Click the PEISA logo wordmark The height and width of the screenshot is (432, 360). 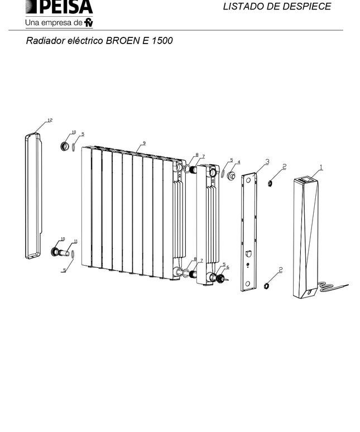tap(59, 7)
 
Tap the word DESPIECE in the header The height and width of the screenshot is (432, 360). tap(305, 6)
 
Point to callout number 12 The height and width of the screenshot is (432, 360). tap(50, 120)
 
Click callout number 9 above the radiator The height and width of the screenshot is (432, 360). tap(144, 143)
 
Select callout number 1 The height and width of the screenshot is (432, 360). tap(321, 167)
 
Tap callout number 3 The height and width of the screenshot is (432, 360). tap(267, 161)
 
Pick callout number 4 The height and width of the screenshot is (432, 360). tap(239, 162)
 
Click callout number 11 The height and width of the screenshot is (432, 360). tap(75, 242)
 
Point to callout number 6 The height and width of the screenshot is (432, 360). tap(228, 267)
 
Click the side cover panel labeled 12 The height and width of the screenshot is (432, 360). tap(33, 196)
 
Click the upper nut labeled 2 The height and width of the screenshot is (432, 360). tap(271, 183)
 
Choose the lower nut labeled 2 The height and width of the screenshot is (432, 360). tap(266, 286)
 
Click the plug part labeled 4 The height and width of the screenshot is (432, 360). tap(231, 175)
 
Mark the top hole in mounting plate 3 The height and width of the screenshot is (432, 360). tap(248, 180)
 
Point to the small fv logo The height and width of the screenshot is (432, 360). tap(89, 22)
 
